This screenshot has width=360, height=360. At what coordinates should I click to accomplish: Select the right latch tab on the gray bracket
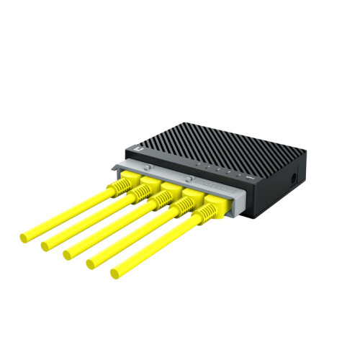189,176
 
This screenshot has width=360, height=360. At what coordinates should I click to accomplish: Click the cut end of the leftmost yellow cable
24,235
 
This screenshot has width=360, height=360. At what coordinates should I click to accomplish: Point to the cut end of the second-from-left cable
45,246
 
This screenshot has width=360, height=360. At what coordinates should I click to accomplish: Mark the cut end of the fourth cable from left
90,264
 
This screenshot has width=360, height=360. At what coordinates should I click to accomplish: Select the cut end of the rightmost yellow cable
114,274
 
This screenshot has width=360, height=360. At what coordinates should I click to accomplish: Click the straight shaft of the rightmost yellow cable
158,246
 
